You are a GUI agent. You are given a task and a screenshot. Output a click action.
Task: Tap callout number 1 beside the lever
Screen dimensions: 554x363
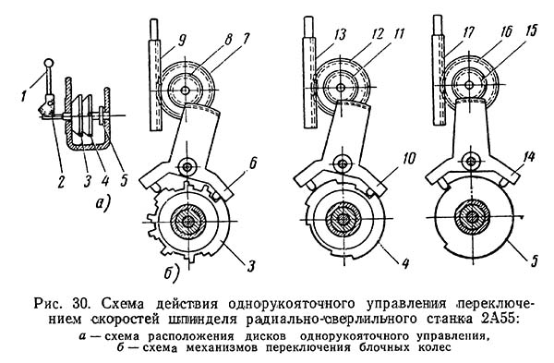tap(24, 95)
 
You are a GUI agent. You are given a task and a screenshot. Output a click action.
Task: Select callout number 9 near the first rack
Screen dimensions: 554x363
tap(181, 42)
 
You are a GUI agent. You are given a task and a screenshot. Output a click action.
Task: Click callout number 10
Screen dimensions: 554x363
tap(409, 159)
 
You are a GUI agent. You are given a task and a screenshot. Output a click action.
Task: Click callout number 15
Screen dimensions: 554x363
tap(529, 30)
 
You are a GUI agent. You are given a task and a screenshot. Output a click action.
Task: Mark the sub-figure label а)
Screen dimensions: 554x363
tap(102, 204)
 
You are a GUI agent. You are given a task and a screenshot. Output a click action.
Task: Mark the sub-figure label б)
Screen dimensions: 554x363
tap(172, 272)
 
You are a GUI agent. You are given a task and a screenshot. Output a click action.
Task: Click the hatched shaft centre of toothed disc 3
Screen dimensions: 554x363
tap(187, 222)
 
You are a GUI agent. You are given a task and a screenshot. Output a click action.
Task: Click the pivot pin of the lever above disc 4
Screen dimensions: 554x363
tap(342, 163)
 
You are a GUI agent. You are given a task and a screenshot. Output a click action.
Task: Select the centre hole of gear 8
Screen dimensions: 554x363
tap(184, 91)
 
